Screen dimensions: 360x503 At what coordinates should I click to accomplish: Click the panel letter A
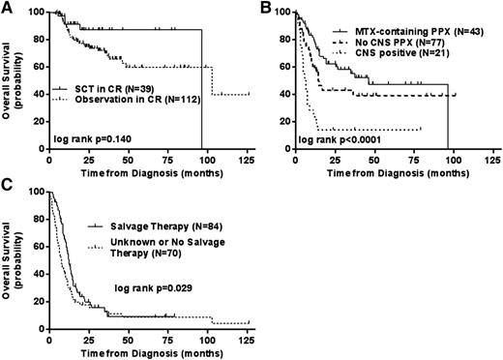[x=8, y=9]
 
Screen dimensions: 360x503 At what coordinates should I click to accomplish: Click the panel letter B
[x=263, y=9]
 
